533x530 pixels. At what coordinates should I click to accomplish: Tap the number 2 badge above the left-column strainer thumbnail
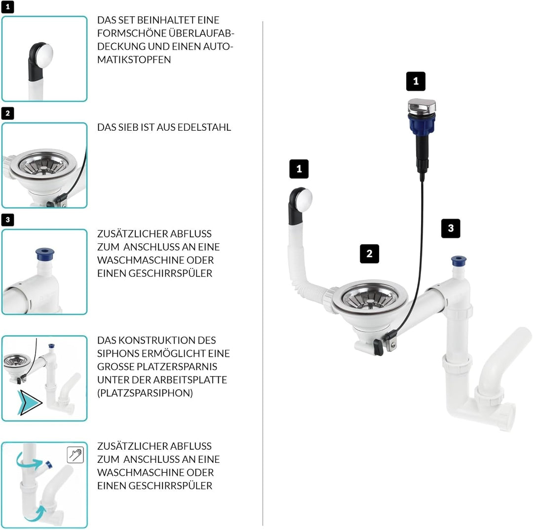(7, 114)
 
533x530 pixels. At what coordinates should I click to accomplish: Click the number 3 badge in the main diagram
(450, 228)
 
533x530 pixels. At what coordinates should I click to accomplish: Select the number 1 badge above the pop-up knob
(416, 81)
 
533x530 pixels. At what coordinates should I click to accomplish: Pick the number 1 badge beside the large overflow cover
(299, 169)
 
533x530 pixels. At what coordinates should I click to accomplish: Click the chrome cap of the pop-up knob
(421, 105)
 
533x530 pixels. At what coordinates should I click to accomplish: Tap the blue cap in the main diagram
(458, 260)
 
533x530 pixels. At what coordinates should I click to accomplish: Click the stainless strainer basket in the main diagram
(370, 299)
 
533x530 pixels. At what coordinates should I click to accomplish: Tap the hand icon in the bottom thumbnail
(75, 454)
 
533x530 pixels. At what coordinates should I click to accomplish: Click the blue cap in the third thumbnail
(45, 254)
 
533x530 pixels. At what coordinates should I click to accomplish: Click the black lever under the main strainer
(379, 347)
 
